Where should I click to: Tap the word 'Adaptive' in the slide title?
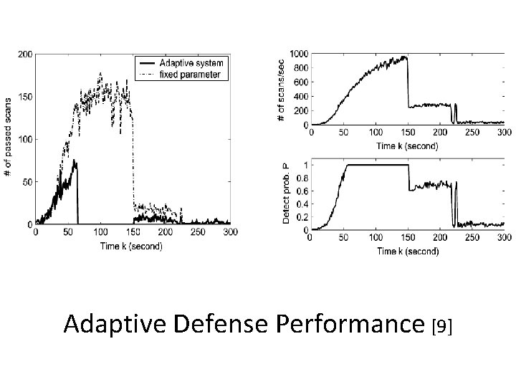pyautogui.click(x=115, y=324)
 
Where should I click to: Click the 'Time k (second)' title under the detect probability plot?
pyautogui.click(x=406, y=251)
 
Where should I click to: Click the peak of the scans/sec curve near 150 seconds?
pyautogui.click(x=406, y=57)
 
